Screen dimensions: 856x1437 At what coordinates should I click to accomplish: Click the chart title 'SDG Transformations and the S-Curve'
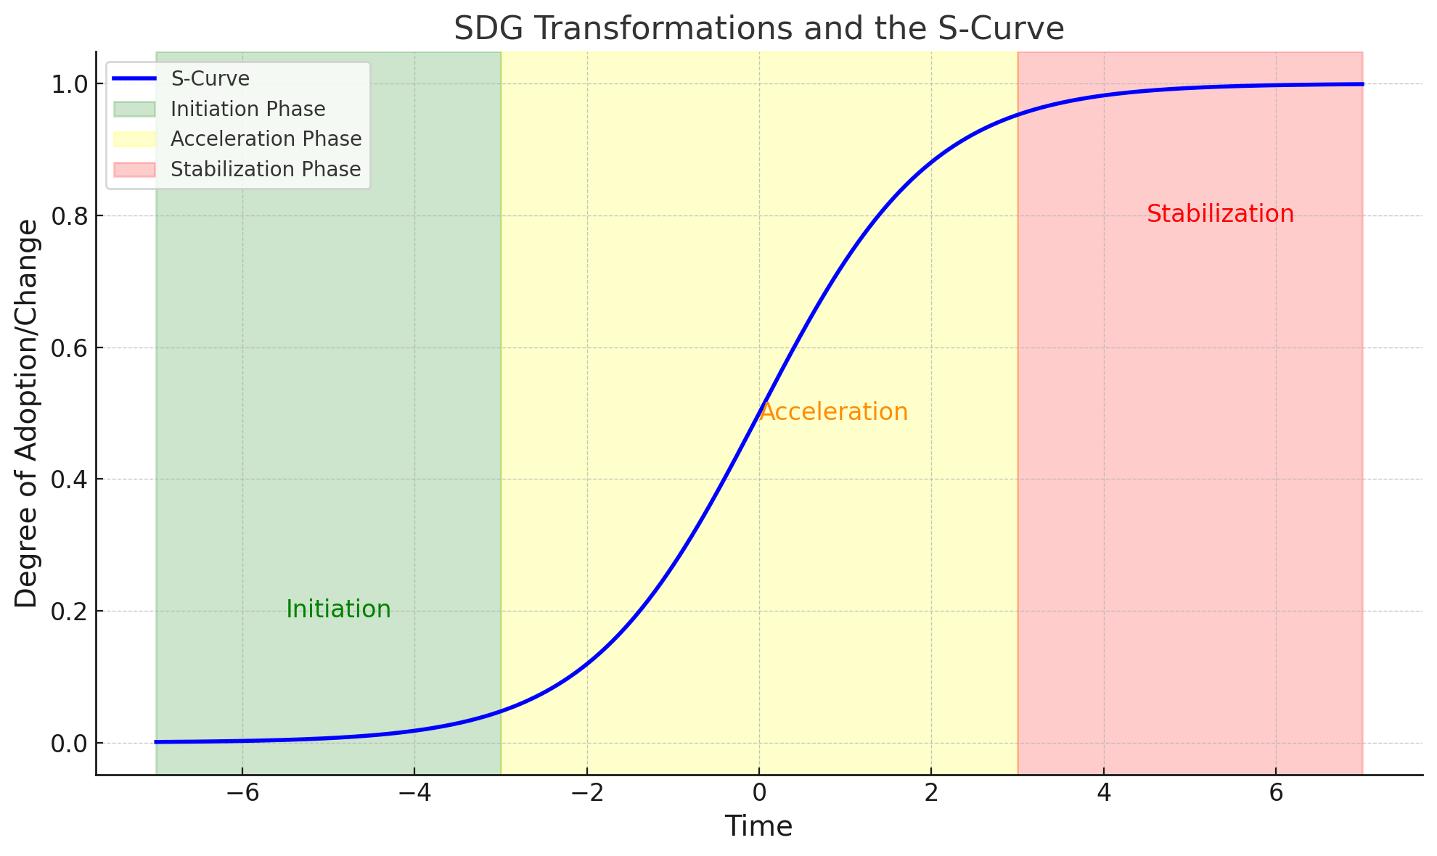pos(758,29)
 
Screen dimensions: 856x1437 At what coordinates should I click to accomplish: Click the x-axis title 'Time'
pos(758,826)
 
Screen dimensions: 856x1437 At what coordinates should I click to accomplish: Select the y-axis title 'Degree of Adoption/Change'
pos(27,413)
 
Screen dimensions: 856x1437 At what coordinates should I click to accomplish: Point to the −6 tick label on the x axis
pos(242,793)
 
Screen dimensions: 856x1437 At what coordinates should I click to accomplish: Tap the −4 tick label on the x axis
pos(414,793)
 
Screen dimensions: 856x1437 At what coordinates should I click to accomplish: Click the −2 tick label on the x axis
pos(586,793)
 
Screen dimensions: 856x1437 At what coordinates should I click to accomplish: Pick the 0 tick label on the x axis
pos(759,793)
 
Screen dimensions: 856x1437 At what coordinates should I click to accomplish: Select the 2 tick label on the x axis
pos(931,793)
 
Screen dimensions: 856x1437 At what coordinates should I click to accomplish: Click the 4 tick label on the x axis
pos(1104,793)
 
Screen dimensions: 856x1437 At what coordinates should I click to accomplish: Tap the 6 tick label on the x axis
pos(1276,793)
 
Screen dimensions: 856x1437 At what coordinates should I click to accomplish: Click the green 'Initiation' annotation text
pos(338,609)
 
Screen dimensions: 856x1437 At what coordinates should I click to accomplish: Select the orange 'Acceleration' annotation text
pos(833,412)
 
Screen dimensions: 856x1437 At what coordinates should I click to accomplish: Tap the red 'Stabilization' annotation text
pos(1220,214)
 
